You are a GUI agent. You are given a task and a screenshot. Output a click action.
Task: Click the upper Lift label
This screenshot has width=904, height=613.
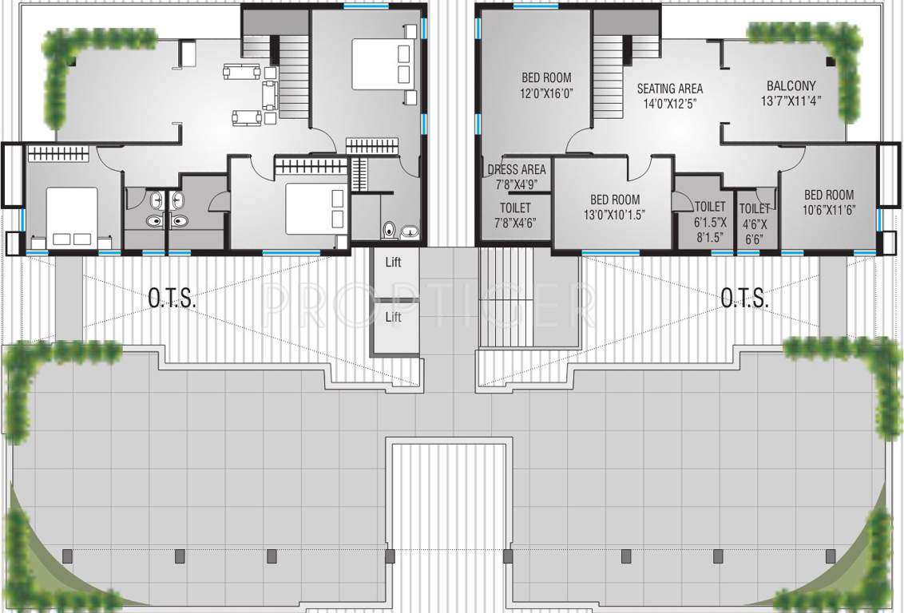(393, 262)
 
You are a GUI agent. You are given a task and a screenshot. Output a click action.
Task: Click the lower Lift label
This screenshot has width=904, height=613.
(393, 317)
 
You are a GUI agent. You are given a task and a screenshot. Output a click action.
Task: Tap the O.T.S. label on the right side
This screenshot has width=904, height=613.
(744, 299)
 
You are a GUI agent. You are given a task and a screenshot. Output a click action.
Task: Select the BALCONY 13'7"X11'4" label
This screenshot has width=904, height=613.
(791, 93)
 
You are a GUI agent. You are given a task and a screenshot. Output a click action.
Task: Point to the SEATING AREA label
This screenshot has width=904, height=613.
(669, 95)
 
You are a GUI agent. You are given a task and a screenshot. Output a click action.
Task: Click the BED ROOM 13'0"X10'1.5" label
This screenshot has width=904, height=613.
(613, 207)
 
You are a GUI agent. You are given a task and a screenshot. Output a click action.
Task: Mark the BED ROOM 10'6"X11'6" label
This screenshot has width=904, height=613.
(828, 202)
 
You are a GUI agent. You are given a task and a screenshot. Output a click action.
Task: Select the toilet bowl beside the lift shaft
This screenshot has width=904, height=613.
(391, 230)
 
